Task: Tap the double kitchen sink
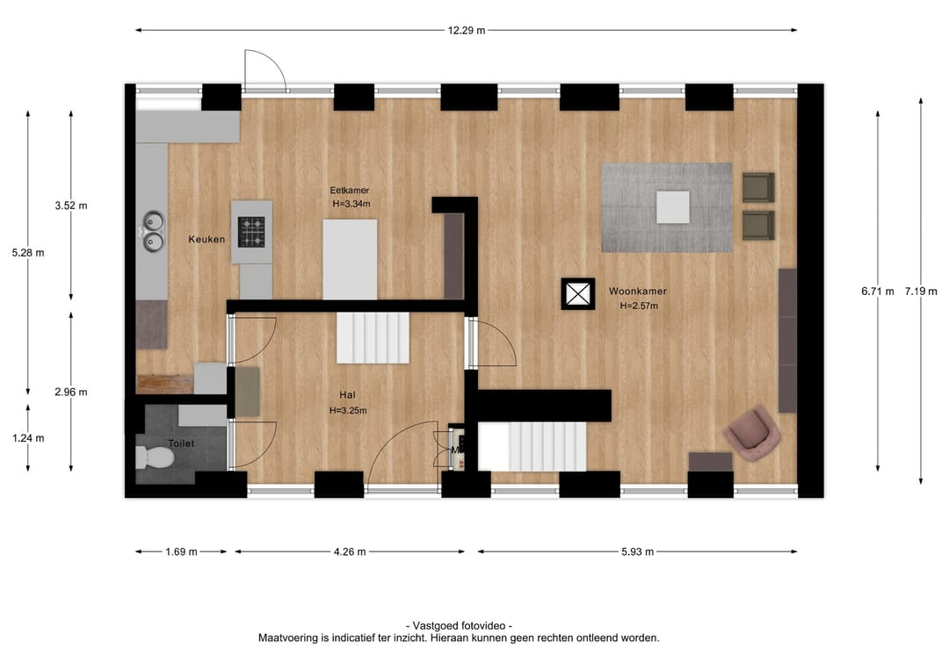154,230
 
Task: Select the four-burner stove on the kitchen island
252,232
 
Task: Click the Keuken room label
206,239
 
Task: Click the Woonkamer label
637,292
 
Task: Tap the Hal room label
347,395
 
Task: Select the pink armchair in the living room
753,433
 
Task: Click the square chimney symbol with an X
578,293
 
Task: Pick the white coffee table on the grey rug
673,207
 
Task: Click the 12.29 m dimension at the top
466,31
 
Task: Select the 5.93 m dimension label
636,552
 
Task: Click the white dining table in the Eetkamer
350,259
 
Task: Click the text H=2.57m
638,306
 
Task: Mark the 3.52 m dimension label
70,205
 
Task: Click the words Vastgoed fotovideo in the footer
458,625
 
